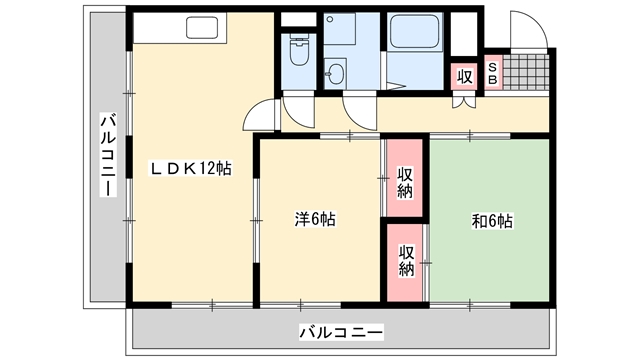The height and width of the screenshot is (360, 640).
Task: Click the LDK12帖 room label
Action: pos(190,168)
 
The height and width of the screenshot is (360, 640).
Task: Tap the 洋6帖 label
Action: pos(315,219)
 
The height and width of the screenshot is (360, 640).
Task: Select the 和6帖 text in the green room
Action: pos(492,221)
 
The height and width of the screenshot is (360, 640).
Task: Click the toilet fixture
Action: pos(300,50)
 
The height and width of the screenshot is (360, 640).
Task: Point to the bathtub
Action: pos(415,31)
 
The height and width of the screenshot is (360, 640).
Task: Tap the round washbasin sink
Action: pos(336,74)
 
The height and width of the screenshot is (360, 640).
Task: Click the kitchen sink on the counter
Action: pos(202,28)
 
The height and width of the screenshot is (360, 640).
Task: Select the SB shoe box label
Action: pos(493,73)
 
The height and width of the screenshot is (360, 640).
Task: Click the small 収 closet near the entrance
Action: pos(464,76)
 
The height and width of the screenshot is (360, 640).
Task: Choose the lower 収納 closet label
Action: pos(406,260)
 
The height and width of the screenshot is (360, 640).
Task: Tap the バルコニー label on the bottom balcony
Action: pos(341,332)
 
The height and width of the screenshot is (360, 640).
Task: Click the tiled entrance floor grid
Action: pos(526,71)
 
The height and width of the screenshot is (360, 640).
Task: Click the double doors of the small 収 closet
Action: pos(464,102)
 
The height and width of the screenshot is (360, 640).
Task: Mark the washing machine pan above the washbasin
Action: pos(340,29)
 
